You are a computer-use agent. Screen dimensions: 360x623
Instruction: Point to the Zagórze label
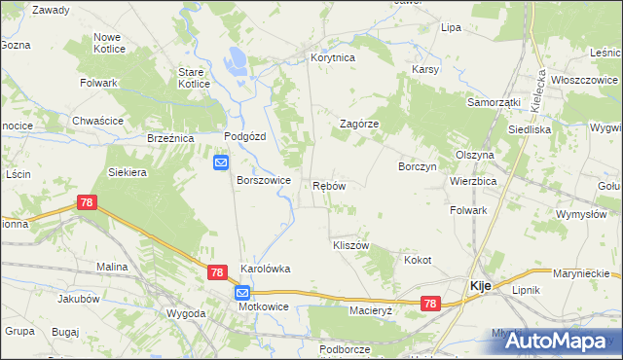358,125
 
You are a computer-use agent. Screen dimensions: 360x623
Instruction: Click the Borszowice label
264,180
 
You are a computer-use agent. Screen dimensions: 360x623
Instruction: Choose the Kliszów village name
350,245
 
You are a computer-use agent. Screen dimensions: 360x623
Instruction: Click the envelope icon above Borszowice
222,162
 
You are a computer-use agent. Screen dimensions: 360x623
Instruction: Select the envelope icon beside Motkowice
240,293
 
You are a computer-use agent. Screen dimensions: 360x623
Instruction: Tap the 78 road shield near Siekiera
87,202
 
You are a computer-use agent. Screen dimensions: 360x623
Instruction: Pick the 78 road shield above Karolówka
218,274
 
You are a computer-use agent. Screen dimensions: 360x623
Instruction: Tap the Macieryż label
370,310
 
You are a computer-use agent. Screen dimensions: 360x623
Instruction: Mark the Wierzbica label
473,181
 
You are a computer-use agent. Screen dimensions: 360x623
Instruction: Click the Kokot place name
418,260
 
